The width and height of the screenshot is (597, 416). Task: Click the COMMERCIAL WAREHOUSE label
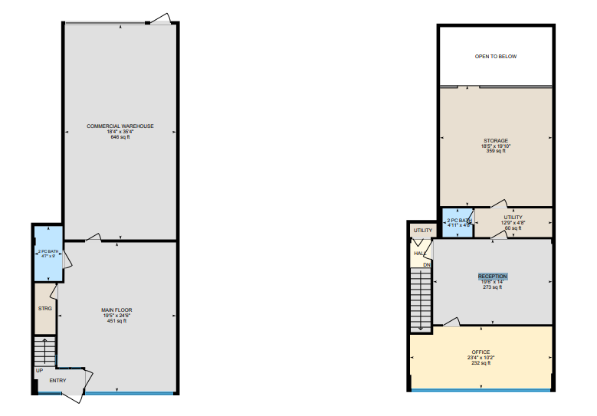120,126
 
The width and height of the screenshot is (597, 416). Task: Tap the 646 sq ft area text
120,137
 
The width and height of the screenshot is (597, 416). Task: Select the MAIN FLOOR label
116,310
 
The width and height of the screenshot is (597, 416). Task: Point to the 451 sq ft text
116,321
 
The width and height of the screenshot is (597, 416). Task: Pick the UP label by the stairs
38,370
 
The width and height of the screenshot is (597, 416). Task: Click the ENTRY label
57,380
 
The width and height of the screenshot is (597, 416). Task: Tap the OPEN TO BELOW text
495,56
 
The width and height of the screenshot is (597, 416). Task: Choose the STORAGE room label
496,140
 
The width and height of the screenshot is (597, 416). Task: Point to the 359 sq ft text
496,151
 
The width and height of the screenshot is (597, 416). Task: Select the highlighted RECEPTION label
493,276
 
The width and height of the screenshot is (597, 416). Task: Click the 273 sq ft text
493,287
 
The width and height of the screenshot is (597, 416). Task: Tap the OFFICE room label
481,352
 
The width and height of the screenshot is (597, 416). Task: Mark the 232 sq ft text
481,363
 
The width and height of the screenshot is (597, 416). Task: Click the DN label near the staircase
426,265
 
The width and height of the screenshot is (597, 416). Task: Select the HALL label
420,254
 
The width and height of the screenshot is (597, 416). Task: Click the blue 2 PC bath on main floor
48,253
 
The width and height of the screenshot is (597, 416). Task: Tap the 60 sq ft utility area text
513,228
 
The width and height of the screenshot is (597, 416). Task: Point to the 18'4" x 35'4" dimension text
120,132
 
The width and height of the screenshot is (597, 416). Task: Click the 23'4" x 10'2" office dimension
481,358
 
